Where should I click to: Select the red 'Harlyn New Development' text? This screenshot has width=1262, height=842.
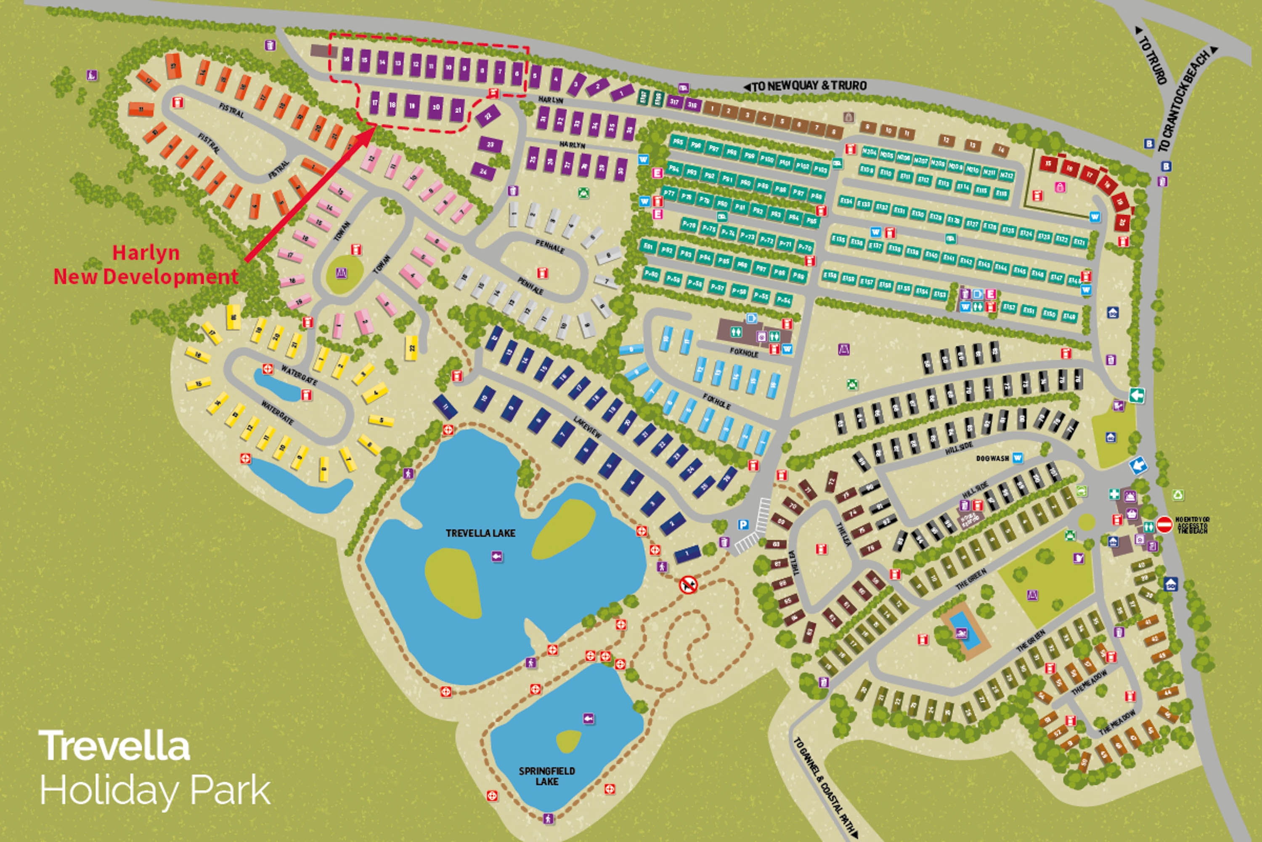146,265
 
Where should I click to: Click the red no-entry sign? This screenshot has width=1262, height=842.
1164,525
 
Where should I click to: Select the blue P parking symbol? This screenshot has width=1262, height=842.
742,525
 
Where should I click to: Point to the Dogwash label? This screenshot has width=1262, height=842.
992,458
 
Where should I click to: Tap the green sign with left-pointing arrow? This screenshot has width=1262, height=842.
1137,396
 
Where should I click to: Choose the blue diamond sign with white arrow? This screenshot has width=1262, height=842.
1138,465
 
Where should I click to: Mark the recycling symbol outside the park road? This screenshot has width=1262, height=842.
1178,495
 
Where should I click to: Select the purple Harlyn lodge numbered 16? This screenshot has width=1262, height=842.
347,60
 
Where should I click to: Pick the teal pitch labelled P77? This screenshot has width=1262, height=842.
668,193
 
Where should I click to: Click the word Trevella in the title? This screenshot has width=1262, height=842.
114,746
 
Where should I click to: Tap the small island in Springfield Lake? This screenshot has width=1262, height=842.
568,741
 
